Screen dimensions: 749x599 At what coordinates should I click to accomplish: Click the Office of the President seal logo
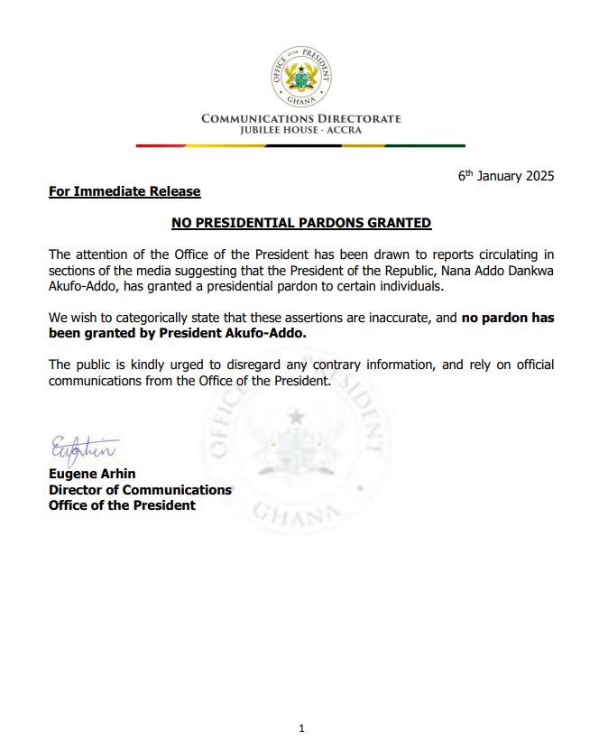tap(300, 75)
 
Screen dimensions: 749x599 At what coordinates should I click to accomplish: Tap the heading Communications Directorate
tap(300, 119)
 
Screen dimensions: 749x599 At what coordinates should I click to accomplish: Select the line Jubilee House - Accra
tap(300, 131)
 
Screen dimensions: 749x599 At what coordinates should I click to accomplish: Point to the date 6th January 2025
tap(506, 176)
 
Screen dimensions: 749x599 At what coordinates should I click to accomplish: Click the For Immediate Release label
tap(124, 191)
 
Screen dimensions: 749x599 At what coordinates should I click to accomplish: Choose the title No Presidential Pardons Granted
tap(301, 222)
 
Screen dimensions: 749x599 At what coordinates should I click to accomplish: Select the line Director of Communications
tap(140, 490)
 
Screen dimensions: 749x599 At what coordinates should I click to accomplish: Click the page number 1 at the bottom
tap(301, 728)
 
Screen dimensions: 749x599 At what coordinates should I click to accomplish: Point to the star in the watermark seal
tap(295, 417)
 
